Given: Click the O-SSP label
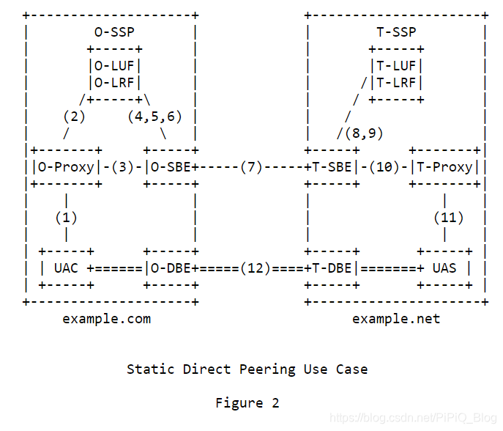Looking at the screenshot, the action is tap(114, 32).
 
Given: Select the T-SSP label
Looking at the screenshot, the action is tap(396, 32).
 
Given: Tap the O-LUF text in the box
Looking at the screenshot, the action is tap(114, 66).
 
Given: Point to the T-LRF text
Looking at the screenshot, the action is tap(396, 82).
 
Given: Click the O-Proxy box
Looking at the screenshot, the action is tap(66, 166).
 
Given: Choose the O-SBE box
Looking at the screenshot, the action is tap(171, 166).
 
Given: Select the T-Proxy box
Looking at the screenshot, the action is tap(444, 166).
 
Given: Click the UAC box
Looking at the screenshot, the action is tap(66, 268).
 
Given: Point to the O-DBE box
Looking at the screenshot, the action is tap(171, 268).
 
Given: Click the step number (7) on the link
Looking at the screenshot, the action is tap(251, 166).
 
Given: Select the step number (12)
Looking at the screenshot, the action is tap(255, 268).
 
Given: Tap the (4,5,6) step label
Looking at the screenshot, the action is tap(154, 116).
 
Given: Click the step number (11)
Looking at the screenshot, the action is tap(448, 217).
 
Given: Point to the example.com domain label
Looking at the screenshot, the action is tap(106, 319).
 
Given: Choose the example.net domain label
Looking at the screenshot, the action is tap(396, 319).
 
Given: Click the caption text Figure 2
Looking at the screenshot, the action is tap(247, 402).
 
